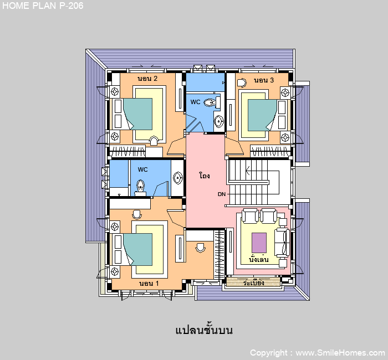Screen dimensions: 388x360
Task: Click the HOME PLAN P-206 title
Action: pos(43,6)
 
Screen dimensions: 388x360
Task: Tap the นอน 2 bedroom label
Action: pos(147,79)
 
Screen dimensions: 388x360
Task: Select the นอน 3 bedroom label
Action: pos(264,80)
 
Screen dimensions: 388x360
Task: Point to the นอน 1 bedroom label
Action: pos(149,284)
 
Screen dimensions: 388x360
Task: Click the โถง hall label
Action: pos(205,176)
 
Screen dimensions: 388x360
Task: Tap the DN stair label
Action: pos(222,194)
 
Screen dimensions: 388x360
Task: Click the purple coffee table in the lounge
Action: pos(259,243)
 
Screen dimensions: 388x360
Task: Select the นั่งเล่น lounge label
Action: pos(259,259)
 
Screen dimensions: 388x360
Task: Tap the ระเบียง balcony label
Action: pos(254,282)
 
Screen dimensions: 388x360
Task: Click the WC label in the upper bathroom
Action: pos(195,102)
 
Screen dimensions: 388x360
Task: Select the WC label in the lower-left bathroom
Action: pos(142,169)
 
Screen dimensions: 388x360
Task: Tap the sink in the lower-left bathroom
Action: pos(178,178)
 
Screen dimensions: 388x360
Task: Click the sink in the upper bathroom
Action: pos(219,121)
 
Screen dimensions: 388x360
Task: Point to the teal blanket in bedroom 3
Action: pos(262,115)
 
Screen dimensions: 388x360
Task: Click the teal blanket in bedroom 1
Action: pos(138,249)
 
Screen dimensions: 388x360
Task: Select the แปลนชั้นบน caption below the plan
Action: pos(204,330)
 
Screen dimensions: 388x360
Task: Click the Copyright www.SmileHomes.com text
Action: pos(317,353)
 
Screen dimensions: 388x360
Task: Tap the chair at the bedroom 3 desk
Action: pos(242,83)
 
